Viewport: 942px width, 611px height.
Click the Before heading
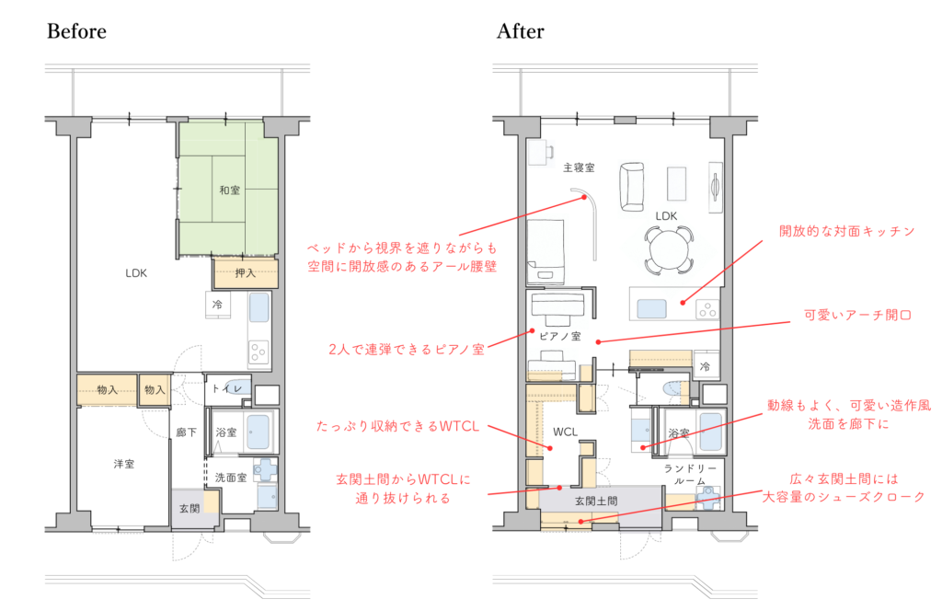pyautogui.click(x=77, y=31)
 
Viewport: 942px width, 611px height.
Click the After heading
pyautogui.click(x=521, y=31)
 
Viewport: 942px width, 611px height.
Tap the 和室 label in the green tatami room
pyautogui.click(x=229, y=190)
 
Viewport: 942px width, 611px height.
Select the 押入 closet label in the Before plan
pyautogui.click(x=245, y=273)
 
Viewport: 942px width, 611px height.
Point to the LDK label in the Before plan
pyautogui.click(x=136, y=272)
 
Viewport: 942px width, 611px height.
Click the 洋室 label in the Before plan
pyautogui.click(x=124, y=464)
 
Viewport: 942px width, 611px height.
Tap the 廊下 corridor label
pyautogui.click(x=187, y=432)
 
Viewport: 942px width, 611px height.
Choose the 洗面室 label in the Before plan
pyautogui.click(x=231, y=478)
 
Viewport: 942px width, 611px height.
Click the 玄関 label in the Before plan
pyautogui.click(x=190, y=508)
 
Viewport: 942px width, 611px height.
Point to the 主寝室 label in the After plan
pyautogui.click(x=579, y=167)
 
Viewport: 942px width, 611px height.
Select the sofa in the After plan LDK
pyautogui.click(x=631, y=187)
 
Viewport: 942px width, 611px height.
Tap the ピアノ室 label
pyautogui.click(x=560, y=337)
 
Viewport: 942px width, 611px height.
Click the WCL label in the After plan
pyautogui.click(x=566, y=432)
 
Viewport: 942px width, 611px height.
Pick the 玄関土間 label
pyautogui.click(x=596, y=501)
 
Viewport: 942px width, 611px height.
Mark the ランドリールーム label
pyautogui.click(x=690, y=475)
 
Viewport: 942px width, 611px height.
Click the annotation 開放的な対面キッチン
pyautogui.click(x=846, y=231)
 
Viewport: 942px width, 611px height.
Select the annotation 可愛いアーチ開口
pyautogui.click(x=858, y=315)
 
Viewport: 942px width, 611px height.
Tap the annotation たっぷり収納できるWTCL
pyautogui.click(x=397, y=426)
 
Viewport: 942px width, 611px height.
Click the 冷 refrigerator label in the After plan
pyautogui.click(x=705, y=366)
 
